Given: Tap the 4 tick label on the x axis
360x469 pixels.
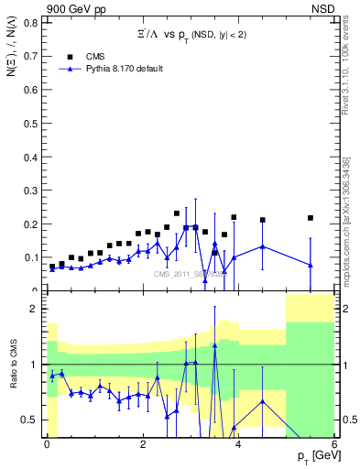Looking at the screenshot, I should (x=238, y=444).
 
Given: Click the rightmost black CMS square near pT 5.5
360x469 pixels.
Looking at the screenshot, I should (x=311, y=218).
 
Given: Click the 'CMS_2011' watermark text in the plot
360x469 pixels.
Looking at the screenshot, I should (x=174, y=273).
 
